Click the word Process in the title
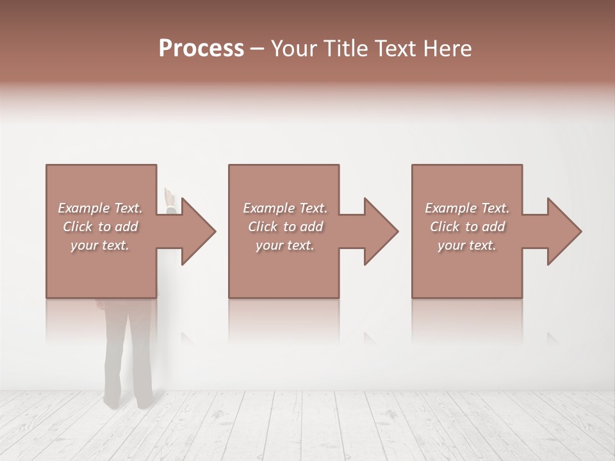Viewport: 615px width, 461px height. [201, 49]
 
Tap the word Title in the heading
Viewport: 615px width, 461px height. [344, 49]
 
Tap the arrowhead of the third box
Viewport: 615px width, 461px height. [563, 231]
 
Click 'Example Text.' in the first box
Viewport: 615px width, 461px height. [100, 208]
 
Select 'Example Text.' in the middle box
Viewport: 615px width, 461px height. [284, 208]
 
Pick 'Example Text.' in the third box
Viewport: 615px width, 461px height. [467, 208]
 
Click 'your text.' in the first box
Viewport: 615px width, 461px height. [100, 245]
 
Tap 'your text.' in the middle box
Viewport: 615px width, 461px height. [284, 245]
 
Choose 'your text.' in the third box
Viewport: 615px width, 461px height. [467, 245]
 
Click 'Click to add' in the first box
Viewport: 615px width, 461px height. [100, 227]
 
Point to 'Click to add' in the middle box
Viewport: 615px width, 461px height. [284, 227]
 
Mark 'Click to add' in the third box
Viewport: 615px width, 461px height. [467, 227]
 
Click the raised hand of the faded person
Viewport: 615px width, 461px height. [169, 195]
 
